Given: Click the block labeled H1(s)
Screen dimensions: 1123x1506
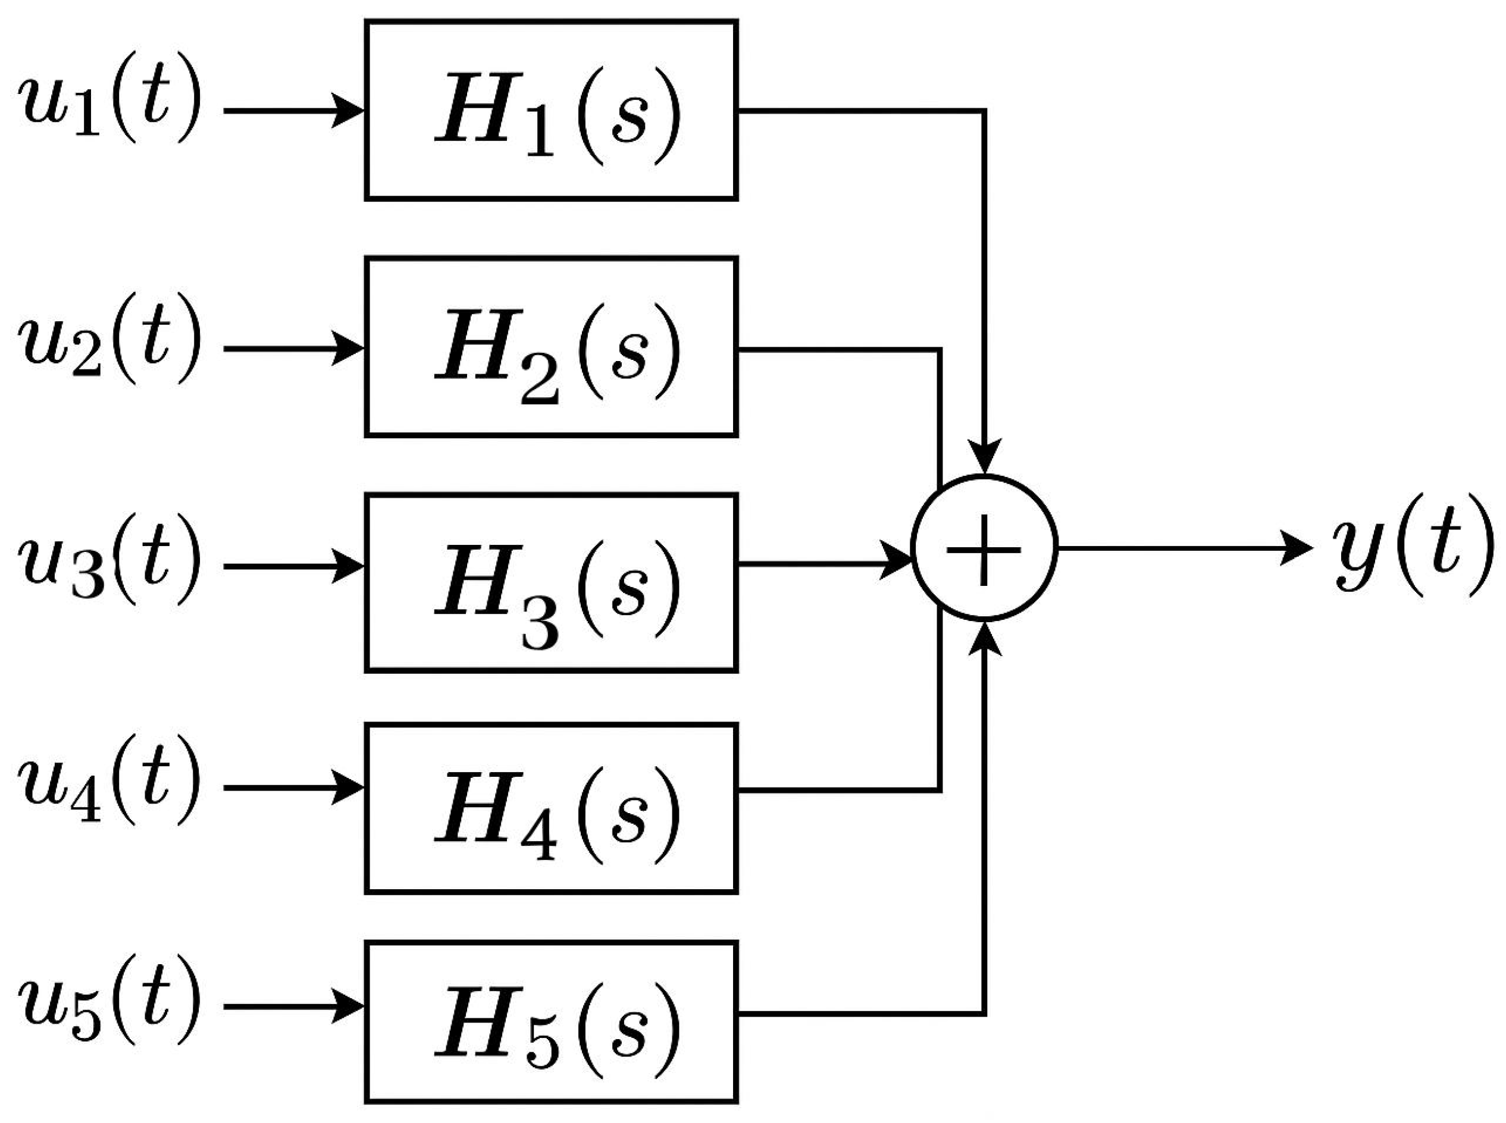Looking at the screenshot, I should point(551,110).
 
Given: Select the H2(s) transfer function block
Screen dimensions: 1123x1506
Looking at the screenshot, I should point(551,347).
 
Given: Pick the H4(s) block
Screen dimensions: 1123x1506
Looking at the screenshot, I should point(551,808).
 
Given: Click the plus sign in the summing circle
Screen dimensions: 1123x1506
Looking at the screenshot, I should point(983,548).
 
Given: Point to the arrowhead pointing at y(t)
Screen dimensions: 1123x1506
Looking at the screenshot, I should point(1295,548).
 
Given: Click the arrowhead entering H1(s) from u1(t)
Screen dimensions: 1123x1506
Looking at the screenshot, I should point(348,109).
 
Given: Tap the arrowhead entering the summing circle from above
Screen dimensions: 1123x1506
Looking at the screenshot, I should point(984,457).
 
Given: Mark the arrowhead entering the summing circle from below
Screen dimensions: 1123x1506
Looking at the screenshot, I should point(984,639).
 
